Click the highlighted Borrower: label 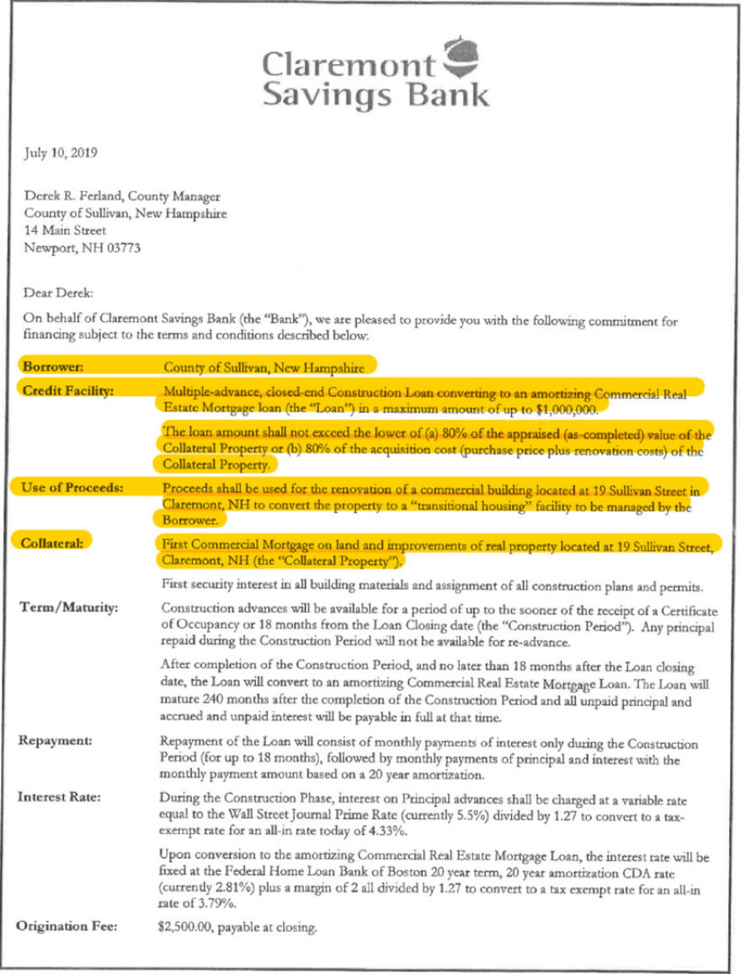point(53,367)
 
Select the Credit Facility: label point(67,390)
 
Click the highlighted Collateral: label point(53,544)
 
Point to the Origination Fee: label point(68,928)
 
